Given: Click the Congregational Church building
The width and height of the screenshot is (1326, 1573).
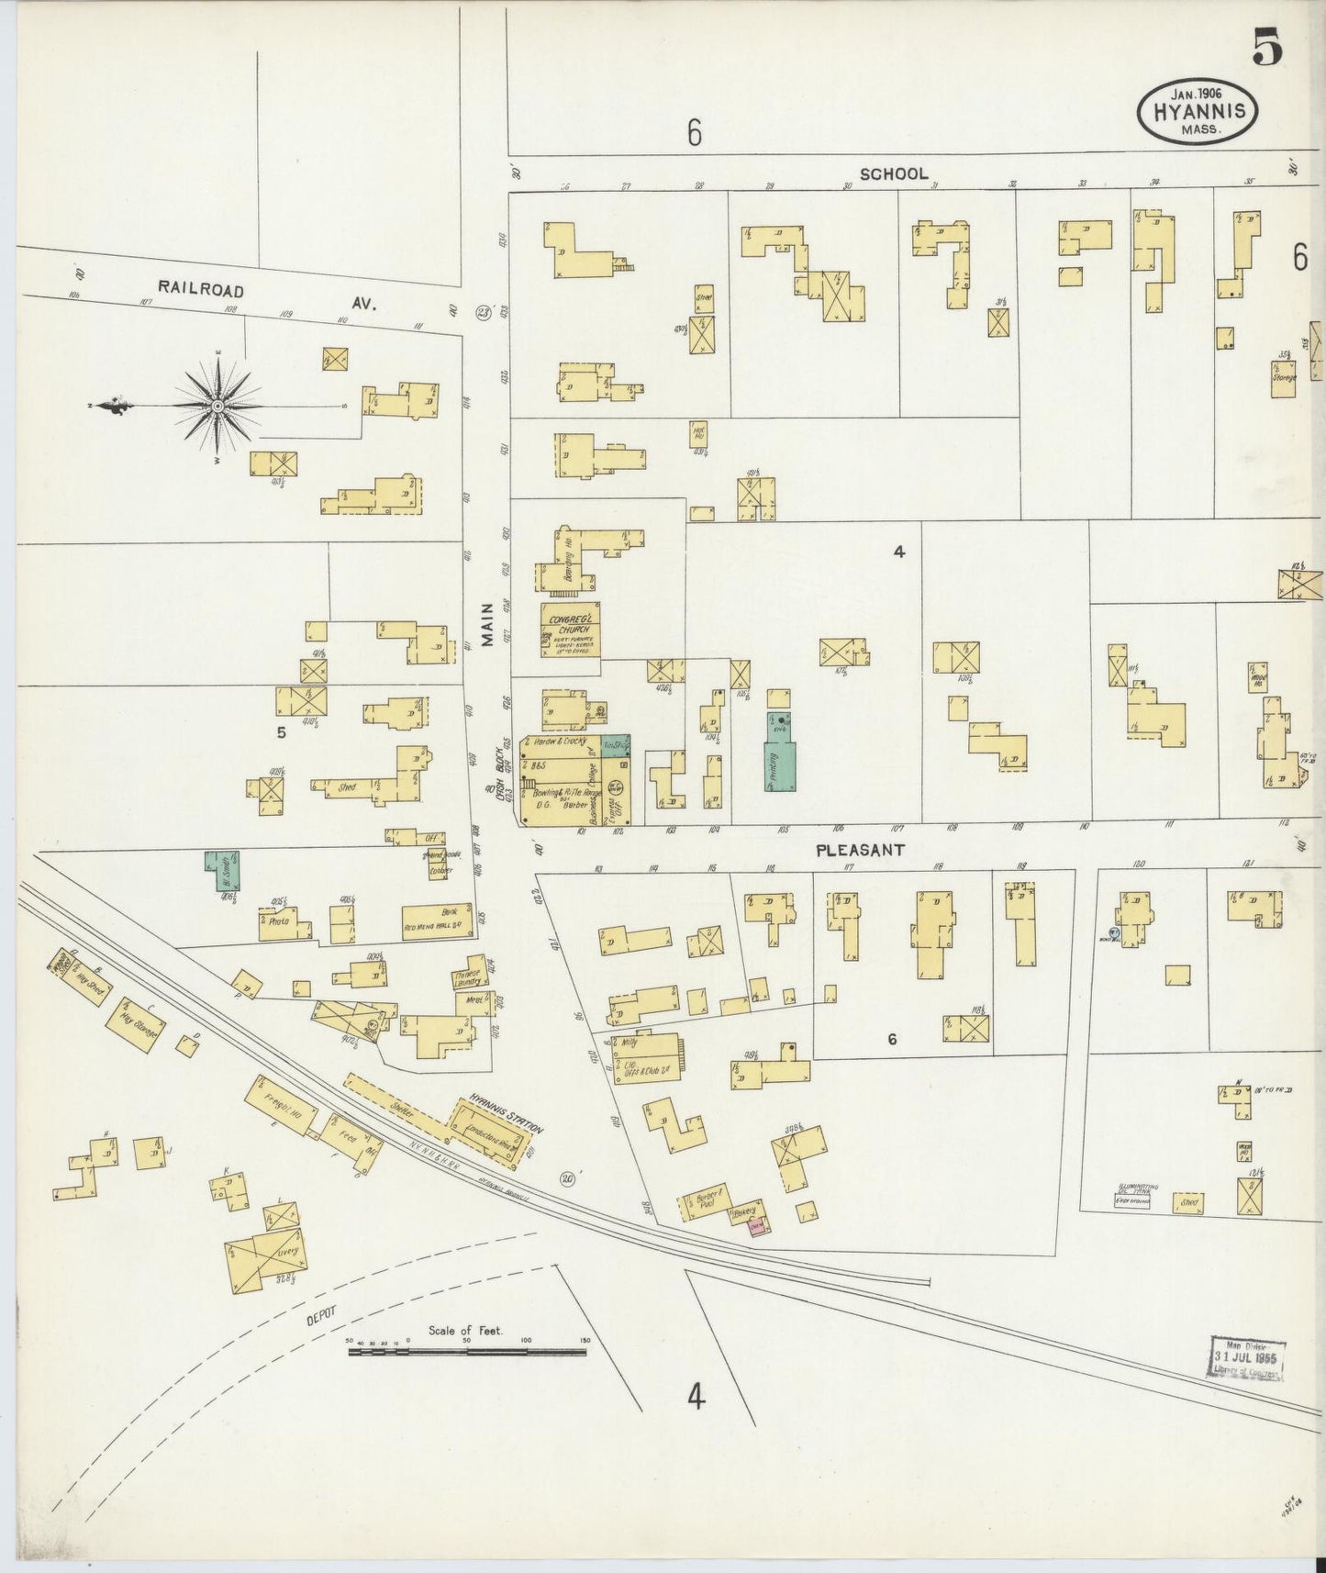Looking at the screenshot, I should point(570,630).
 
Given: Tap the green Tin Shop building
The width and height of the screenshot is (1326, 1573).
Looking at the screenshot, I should point(616,746).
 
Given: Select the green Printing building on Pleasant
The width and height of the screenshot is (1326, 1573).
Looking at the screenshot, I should point(780,761).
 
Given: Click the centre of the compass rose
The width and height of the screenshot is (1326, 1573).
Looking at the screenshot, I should point(218,405).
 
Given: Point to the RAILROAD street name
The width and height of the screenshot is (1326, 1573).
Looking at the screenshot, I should point(201,289).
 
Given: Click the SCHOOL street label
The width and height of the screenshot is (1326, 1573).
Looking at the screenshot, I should point(894,173).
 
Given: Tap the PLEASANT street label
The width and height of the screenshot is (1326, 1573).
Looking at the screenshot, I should point(860,851).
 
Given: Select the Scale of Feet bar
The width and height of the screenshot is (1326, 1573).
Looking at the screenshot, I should point(468,1351).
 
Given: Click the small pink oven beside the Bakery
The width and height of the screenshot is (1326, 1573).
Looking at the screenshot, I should point(758,1227).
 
